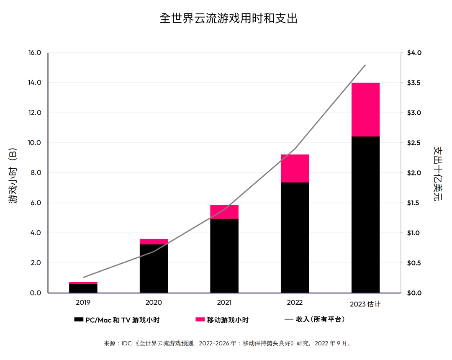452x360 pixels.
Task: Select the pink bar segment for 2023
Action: tap(365, 110)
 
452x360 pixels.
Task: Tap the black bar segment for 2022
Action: tap(295, 237)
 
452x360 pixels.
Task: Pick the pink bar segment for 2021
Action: tap(224, 212)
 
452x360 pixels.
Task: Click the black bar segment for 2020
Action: tap(154, 268)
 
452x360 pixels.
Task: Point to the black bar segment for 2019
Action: tap(83, 288)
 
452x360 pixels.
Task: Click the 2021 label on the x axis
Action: tap(224, 302)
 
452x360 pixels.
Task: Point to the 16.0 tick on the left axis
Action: tap(35, 53)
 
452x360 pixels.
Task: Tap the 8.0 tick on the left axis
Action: tap(35, 173)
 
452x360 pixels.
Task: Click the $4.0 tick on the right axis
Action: tap(414, 53)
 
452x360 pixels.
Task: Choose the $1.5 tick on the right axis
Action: tap(414, 203)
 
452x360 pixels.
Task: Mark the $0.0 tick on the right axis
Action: tap(414, 293)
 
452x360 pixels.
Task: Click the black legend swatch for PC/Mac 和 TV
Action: tap(79, 320)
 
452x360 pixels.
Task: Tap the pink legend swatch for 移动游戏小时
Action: tap(200, 320)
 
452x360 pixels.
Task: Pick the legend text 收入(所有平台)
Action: tap(320, 319)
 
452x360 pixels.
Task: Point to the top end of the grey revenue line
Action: tap(365, 65)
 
